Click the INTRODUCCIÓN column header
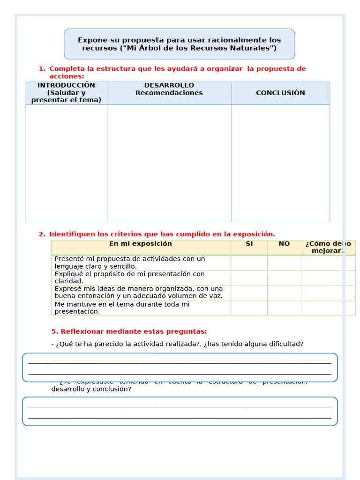click(x=66, y=93)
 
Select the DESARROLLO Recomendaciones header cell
click(x=169, y=89)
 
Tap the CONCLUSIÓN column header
click(x=280, y=93)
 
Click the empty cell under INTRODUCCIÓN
click(x=66, y=163)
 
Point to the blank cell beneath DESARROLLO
click(x=169, y=163)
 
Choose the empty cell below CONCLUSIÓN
click(x=280, y=163)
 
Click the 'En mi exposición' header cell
click(x=141, y=244)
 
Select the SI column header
click(x=249, y=244)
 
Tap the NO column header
click(x=284, y=244)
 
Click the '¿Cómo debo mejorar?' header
click(x=328, y=247)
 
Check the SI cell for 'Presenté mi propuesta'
click(x=249, y=262)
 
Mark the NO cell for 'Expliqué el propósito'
click(x=284, y=277)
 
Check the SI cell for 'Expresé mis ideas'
click(x=249, y=292)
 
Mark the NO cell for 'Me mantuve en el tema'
click(x=284, y=307)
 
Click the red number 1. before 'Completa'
click(x=42, y=69)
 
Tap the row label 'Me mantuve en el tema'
click(x=122, y=307)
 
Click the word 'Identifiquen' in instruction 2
click(x=72, y=234)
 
